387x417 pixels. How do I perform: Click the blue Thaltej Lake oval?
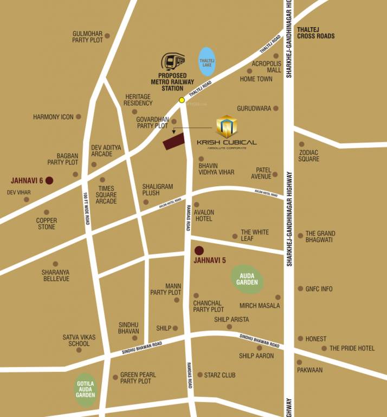pos(207,61)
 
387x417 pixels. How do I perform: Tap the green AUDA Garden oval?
pos(248,279)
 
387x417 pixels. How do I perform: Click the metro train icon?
pos(173,61)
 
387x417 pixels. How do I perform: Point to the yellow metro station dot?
pos(182,100)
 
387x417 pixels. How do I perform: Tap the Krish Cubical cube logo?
pos(227,126)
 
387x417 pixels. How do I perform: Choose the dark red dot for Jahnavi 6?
pos(49,180)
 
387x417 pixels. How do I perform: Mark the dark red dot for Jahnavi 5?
pos(199,250)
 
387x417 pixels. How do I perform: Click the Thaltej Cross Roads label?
pos(316,33)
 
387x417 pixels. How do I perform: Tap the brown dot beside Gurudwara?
pos(276,109)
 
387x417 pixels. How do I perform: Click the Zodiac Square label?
pos(308,156)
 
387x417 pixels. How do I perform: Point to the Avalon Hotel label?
pos(204,216)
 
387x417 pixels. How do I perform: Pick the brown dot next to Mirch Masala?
pos(278,298)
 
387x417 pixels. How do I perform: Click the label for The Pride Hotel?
pos(352,348)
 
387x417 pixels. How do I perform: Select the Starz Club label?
pos(220,375)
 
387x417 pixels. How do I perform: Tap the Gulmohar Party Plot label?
pos(88,37)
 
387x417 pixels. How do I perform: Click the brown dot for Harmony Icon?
pos(79,117)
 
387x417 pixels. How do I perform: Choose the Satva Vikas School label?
pos(79,340)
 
